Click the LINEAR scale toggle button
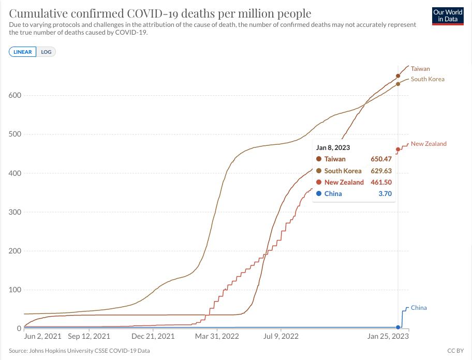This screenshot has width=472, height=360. coord(23,52)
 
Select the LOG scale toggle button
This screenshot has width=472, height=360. coord(46,52)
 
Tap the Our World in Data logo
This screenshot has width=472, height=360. coord(448,16)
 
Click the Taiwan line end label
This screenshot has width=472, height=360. coord(420,69)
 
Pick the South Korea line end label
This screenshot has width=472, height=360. coord(427,79)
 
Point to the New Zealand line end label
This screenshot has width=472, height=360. coord(429,144)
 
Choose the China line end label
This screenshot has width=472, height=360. coord(419,308)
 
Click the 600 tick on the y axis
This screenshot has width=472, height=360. coord(14,96)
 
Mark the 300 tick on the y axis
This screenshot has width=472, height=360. coord(14,212)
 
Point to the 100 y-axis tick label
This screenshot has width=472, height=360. coord(14,290)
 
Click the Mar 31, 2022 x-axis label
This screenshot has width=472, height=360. coord(217,336)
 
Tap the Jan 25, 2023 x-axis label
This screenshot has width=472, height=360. coord(388,336)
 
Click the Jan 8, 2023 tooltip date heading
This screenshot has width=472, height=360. coord(333,147)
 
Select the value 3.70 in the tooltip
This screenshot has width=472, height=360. coord(386,194)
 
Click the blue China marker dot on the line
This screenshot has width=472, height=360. coord(398,327)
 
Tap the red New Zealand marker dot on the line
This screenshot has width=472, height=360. coord(398,149)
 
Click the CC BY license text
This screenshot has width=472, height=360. coord(455,351)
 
